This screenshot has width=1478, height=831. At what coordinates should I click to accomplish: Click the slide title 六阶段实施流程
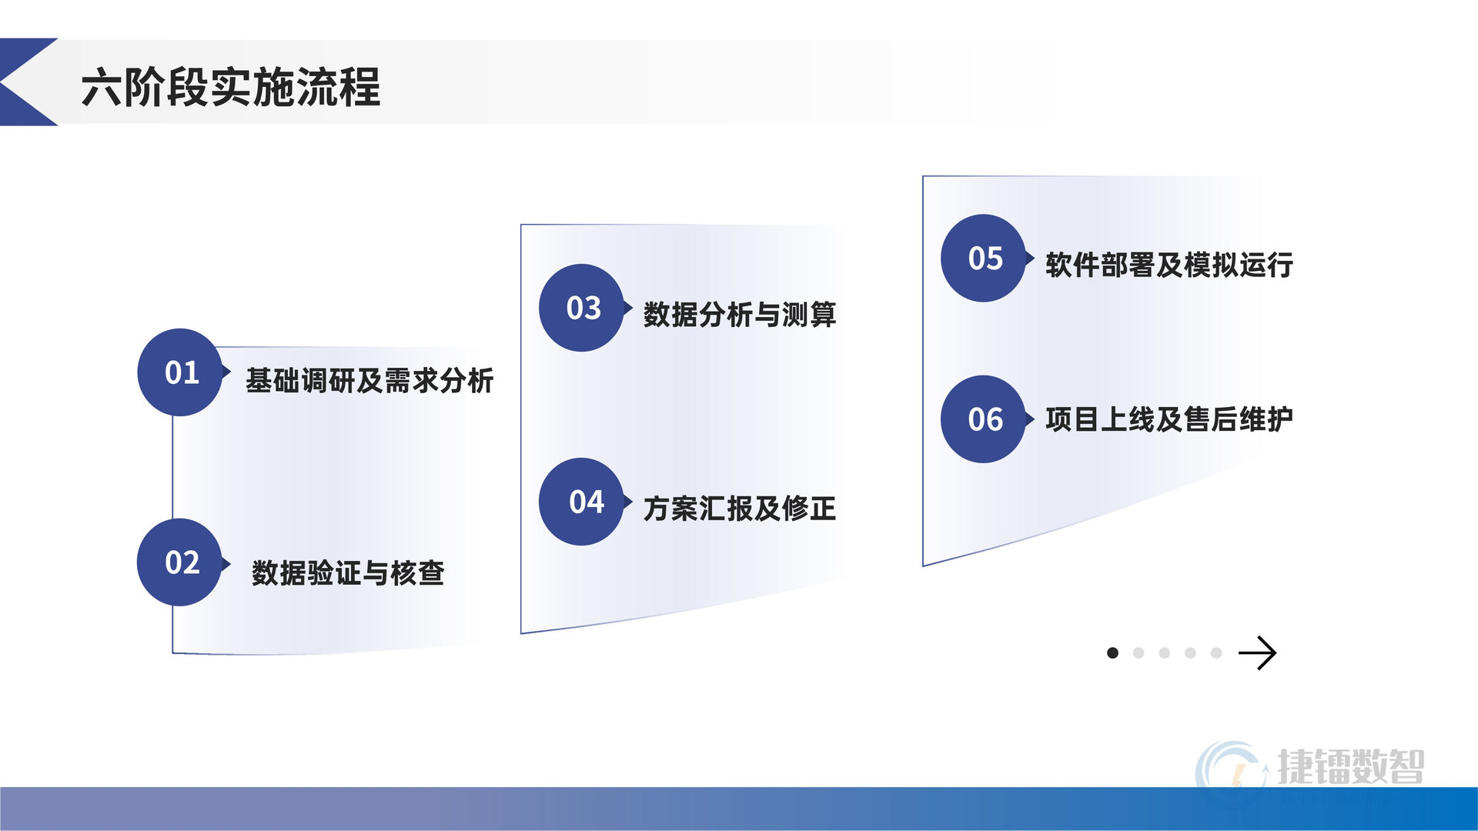click(x=230, y=86)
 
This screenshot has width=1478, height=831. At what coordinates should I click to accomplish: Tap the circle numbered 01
click(x=180, y=372)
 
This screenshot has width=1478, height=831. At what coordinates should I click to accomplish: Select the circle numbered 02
click(x=180, y=562)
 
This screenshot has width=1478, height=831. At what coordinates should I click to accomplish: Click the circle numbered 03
click(x=582, y=308)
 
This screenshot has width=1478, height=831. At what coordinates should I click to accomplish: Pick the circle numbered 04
click(x=582, y=502)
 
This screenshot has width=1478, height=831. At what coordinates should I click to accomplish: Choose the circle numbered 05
click(x=984, y=258)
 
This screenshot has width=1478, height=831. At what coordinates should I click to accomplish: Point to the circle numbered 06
click(x=984, y=419)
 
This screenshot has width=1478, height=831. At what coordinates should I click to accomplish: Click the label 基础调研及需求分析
click(x=369, y=380)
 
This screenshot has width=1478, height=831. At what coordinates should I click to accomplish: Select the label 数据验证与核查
click(x=348, y=572)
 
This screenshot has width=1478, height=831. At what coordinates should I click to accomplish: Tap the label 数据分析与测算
click(x=740, y=314)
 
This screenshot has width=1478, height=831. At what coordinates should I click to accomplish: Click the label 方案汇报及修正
click(x=740, y=508)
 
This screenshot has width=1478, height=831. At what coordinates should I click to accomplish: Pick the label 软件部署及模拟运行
click(x=1169, y=265)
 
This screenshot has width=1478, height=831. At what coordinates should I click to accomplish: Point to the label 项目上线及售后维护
click(x=1169, y=419)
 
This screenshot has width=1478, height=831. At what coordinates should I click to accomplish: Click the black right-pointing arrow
click(x=1257, y=653)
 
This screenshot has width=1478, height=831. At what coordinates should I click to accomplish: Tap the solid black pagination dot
click(x=1112, y=653)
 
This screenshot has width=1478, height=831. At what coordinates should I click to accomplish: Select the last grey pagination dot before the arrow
click(x=1216, y=653)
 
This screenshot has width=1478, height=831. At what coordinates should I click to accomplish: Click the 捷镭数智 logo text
click(x=1351, y=766)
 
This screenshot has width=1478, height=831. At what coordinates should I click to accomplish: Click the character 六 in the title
click(x=101, y=87)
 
